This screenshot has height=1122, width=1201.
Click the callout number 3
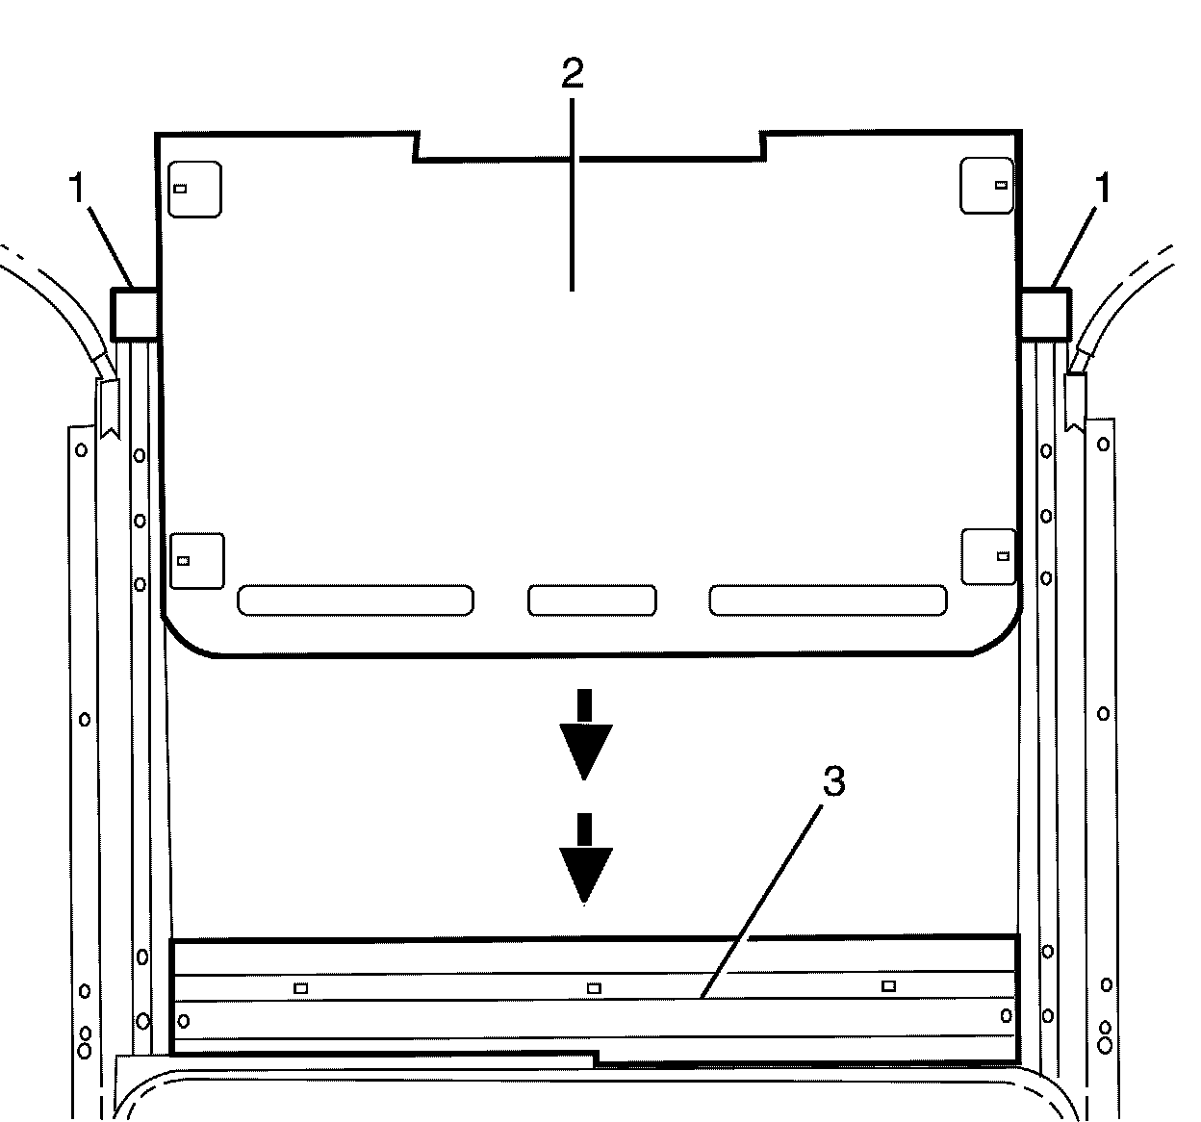pos(833,782)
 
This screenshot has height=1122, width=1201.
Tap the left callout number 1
pos(78,190)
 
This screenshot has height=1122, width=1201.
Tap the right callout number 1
pos(1103,190)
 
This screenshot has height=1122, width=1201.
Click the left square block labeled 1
pos(134,313)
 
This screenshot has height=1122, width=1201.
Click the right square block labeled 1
pos(1044,313)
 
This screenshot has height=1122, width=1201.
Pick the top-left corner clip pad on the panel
pos(195,188)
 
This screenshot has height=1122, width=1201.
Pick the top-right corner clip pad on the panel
pos(986,185)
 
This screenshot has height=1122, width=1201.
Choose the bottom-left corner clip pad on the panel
pos(197,560)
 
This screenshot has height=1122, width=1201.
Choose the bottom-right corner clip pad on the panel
pos(988,556)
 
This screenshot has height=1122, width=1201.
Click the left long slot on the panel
pos(355,599)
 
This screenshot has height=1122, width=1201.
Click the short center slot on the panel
pos(592,599)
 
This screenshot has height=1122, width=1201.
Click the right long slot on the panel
pos(828,599)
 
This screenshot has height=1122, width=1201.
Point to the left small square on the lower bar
pos(301,987)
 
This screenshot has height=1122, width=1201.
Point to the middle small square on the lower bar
pos(594,987)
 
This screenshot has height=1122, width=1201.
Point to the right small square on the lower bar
pos(889,985)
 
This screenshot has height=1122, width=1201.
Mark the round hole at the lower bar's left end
pos(184,1021)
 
